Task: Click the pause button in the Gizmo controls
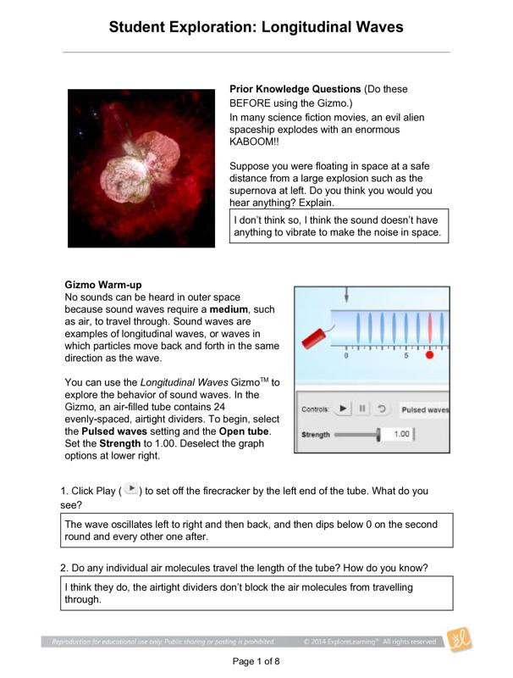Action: pyautogui.click(x=362, y=408)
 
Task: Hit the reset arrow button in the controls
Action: pyautogui.click(x=382, y=408)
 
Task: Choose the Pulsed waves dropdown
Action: pyautogui.click(x=425, y=409)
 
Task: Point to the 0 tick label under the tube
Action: pyautogui.click(x=346, y=356)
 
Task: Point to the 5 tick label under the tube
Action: pyautogui.click(x=406, y=356)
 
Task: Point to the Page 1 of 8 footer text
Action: pyautogui.click(x=256, y=661)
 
